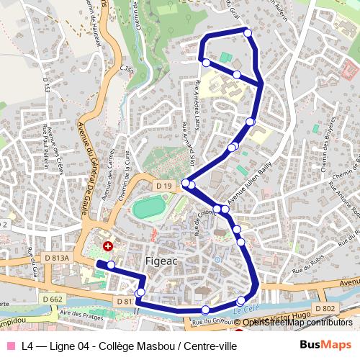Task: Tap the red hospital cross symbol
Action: tap(108, 246)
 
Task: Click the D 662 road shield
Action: tap(53, 298)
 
